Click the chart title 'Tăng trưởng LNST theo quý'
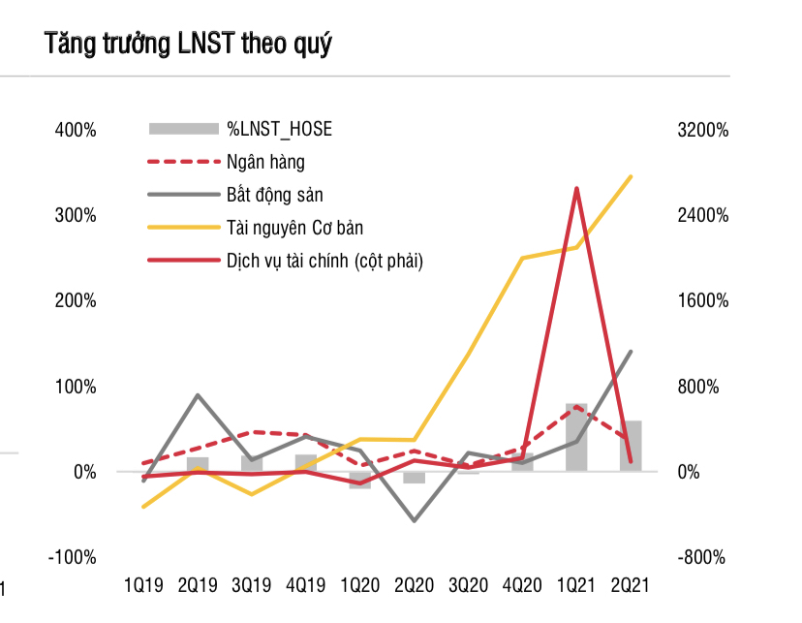point(188,45)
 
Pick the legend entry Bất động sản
point(274,195)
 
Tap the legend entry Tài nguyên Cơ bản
point(294,228)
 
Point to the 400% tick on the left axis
point(75,130)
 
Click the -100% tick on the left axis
point(73,557)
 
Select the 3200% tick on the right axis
point(702,130)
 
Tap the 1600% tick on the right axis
point(702,300)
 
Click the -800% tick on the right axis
point(702,557)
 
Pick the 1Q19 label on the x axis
point(143,585)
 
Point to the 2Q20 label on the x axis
point(415,585)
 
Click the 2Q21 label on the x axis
point(631,585)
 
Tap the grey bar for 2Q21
point(631,447)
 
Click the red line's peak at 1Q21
point(576,188)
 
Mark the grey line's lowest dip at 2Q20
point(415,521)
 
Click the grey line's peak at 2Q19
point(198,395)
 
